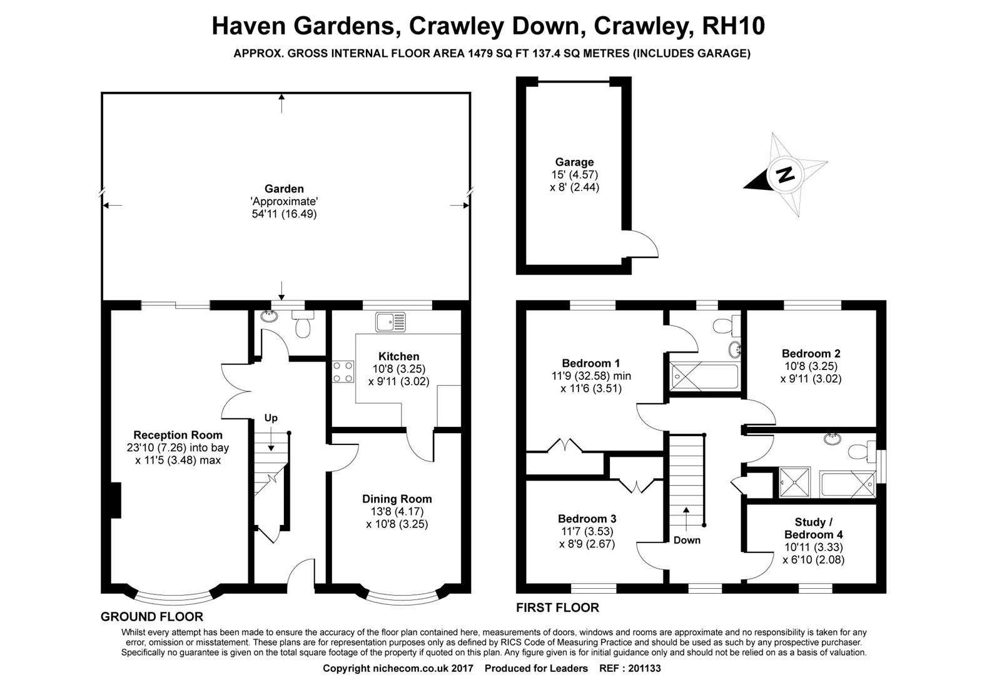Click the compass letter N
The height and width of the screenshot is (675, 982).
(x=785, y=175)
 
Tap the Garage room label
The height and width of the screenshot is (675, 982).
(x=574, y=162)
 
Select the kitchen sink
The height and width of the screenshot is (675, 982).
(x=390, y=322)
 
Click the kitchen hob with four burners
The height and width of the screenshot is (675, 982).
(x=343, y=371)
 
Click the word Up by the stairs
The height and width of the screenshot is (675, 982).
(x=271, y=418)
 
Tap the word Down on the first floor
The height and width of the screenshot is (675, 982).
(x=687, y=540)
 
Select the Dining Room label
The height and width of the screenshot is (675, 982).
(x=397, y=499)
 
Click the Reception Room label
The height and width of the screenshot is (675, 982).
(x=178, y=435)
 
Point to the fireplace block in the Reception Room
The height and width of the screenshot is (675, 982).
(x=116, y=500)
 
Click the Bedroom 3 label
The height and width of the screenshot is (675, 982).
(x=587, y=519)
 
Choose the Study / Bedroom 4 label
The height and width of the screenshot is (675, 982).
(x=814, y=528)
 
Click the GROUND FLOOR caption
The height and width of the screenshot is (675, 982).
(x=152, y=617)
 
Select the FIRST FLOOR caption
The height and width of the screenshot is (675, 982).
(x=558, y=607)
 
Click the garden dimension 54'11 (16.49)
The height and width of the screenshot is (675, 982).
(x=284, y=214)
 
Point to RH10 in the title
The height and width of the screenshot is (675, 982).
(x=734, y=26)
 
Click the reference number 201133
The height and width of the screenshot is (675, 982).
(x=644, y=668)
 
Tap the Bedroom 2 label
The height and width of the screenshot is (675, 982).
(x=811, y=354)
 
